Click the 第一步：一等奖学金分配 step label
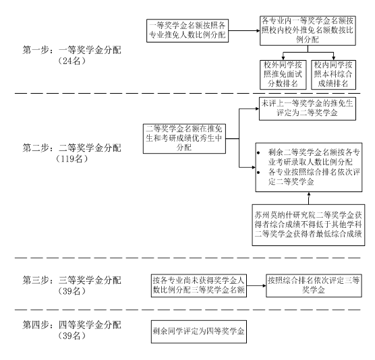pos(71,50)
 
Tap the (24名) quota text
pos(71,61)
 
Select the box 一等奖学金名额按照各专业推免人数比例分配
pos(187,31)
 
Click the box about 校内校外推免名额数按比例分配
pos(308,30)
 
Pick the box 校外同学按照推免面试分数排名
pos(283,75)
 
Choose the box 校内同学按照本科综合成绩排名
pos(333,75)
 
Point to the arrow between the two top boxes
pos(244,30)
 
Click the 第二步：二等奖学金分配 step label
pos(71,148)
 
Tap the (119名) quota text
pos(71,158)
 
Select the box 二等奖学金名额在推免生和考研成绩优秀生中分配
pos(184,138)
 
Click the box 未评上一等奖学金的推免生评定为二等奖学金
pos(308,109)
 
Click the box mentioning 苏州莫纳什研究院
pos(308,225)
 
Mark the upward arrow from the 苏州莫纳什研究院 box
pos(308,198)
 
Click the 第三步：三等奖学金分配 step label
pos(71,280)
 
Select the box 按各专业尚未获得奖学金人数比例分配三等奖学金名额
pos(199,286)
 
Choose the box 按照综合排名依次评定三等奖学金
pos(314,286)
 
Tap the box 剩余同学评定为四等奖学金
pos(199,332)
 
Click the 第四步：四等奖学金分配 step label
pos(71,325)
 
